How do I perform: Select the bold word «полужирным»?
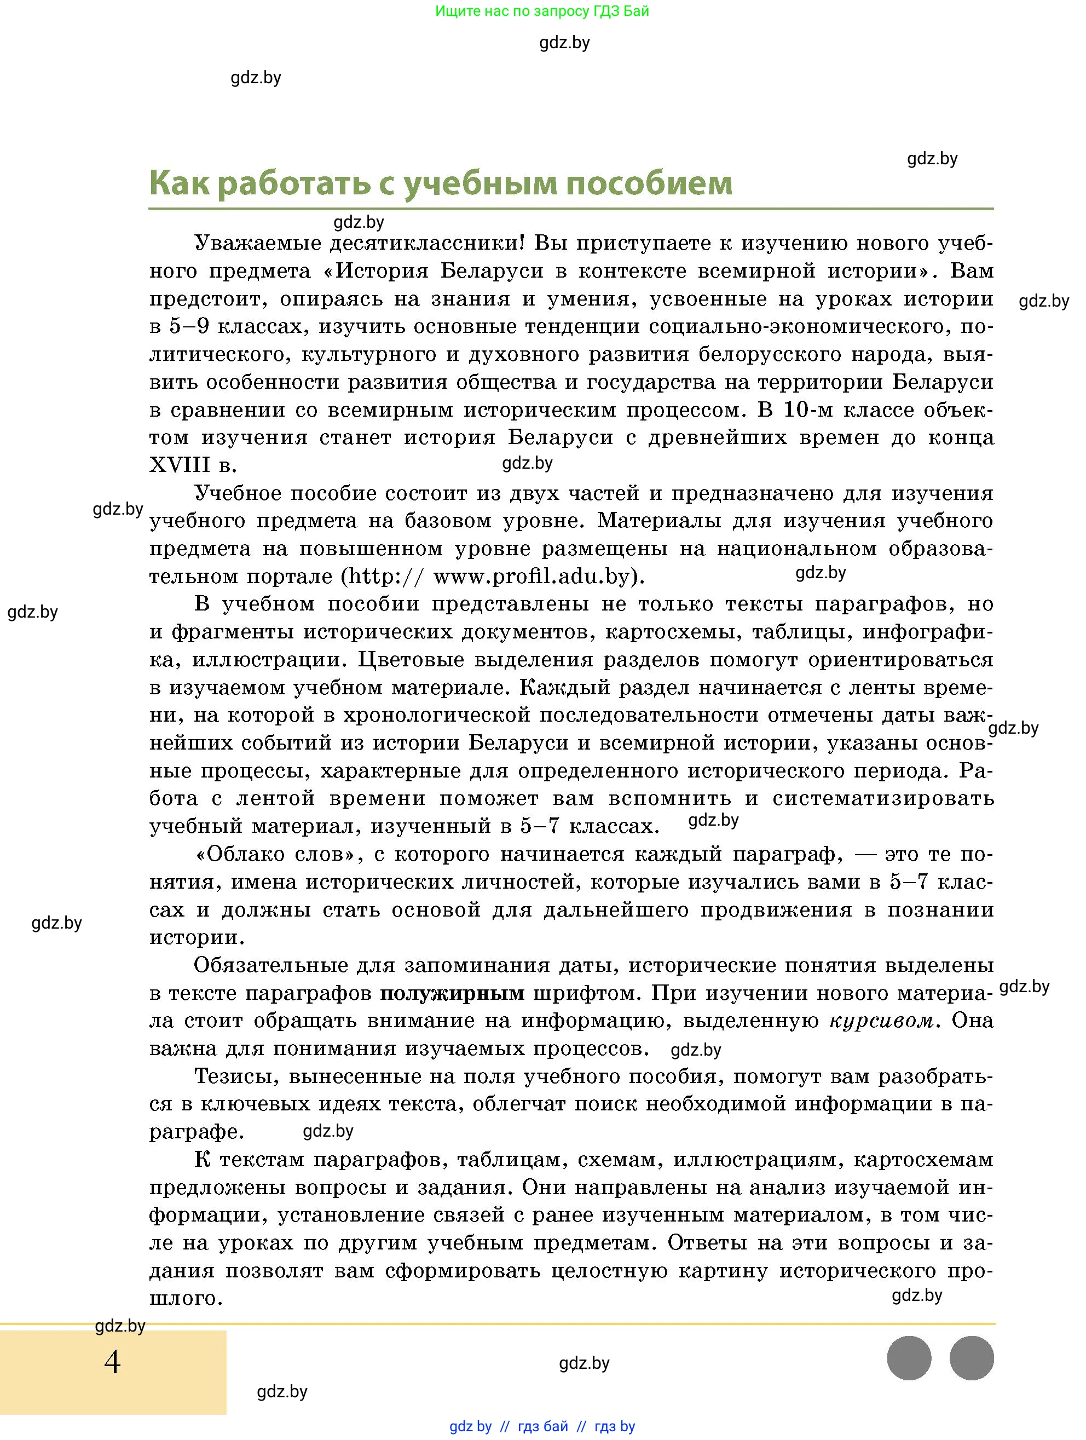coord(452,993)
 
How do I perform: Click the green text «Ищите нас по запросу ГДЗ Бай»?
coord(541,11)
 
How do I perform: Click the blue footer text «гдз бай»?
coord(542,1426)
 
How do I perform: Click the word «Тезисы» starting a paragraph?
coord(236,1076)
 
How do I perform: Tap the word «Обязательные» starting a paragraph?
coord(269,965)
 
